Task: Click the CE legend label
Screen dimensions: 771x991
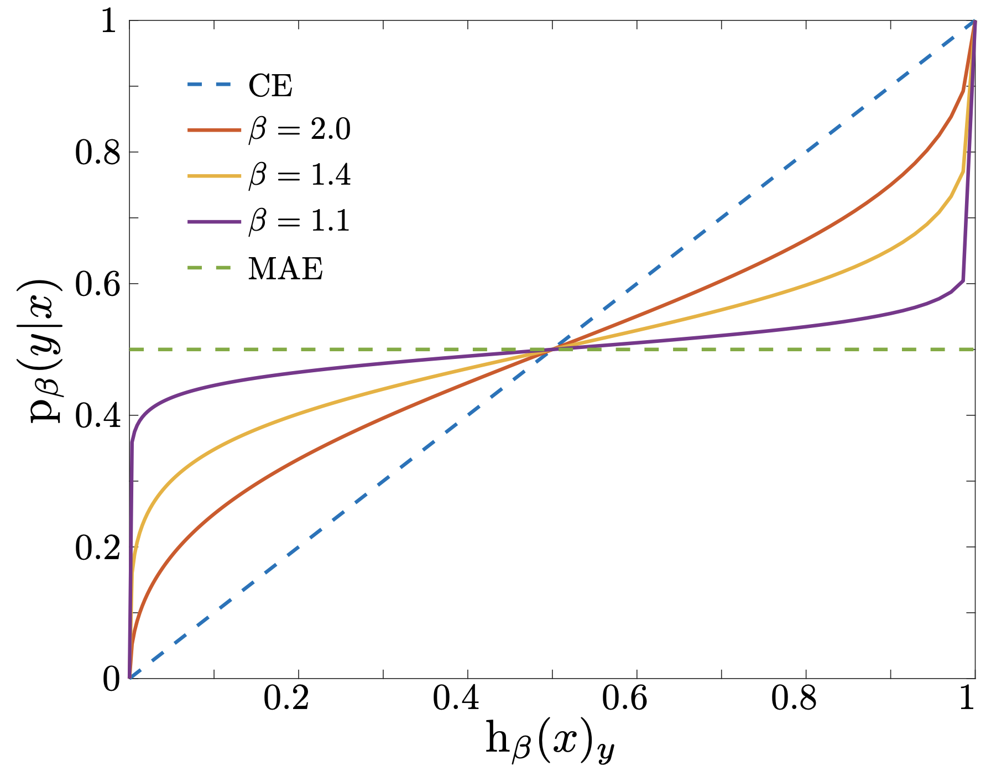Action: pyautogui.click(x=270, y=86)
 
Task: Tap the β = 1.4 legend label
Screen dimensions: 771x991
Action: pyautogui.click(x=300, y=176)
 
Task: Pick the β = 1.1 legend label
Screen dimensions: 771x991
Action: pyautogui.click(x=300, y=221)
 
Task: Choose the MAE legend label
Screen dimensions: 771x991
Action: pyautogui.click(x=285, y=269)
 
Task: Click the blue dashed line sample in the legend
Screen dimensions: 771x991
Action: pyautogui.click(x=214, y=85)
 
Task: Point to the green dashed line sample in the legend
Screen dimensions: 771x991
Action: pyautogui.click(x=214, y=268)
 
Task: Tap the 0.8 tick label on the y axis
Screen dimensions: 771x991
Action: pyautogui.click(x=97, y=153)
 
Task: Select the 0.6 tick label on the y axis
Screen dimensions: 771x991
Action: pyautogui.click(x=97, y=284)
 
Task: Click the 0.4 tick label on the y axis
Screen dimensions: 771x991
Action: pyautogui.click(x=97, y=416)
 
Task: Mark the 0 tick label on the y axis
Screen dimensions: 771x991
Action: pyautogui.click(x=111, y=679)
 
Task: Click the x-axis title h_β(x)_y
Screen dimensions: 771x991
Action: pyautogui.click(x=550, y=741)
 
